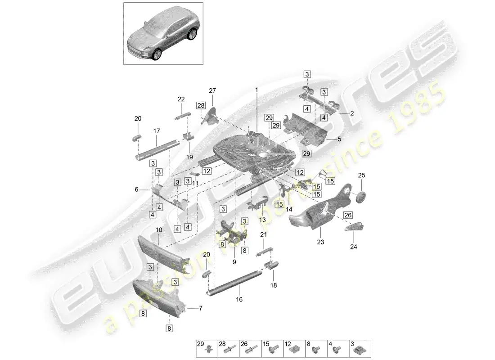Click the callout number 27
(212, 90)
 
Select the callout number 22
(181, 99)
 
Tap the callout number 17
(157, 131)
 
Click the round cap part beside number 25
(360, 197)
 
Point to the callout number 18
(274, 285)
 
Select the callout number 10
(158, 230)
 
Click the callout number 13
(262, 220)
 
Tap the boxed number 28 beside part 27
(200, 105)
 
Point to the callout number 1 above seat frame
(257, 90)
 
